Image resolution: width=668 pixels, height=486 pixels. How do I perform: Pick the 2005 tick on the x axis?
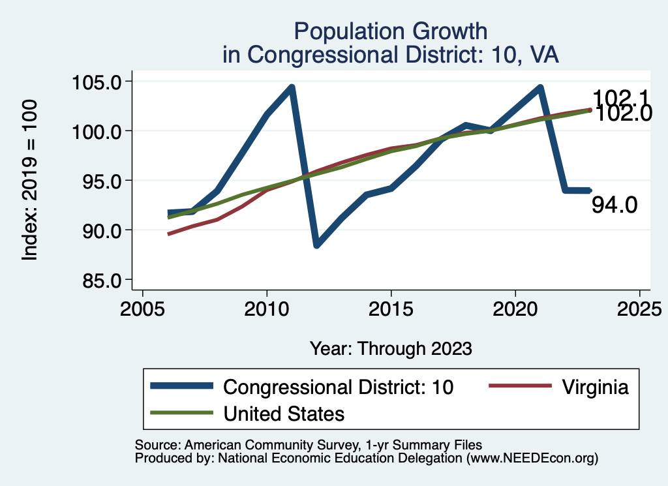[142, 307]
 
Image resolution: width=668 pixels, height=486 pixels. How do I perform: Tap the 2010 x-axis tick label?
[267, 307]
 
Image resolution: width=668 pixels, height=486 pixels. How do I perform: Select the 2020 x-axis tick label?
[515, 307]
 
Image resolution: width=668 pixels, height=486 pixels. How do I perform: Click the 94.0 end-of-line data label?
[615, 205]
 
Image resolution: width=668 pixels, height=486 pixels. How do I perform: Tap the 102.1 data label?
[620, 98]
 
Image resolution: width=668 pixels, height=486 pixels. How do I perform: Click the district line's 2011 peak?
[292, 87]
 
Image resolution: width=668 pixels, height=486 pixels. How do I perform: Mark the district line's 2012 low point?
[316, 245]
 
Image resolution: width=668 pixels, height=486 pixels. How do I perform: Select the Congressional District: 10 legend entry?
[338, 387]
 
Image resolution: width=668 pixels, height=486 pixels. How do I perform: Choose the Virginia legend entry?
[594, 387]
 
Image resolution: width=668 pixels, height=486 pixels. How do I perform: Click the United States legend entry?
[284, 413]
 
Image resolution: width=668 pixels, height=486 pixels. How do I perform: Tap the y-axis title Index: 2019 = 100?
[30, 181]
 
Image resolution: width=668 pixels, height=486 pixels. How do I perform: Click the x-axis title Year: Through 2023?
[391, 348]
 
